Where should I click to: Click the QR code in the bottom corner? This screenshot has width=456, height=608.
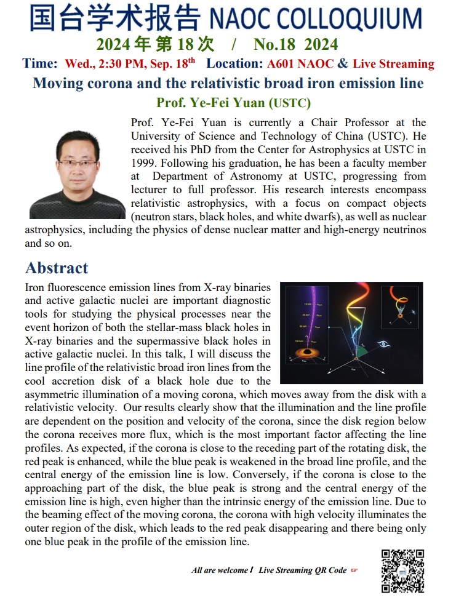[402, 570]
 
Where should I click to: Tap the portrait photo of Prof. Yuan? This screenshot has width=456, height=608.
[78, 174]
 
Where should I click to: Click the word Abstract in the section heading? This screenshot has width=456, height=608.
[57, 268]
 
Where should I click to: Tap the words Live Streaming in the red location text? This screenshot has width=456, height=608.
[393, 63]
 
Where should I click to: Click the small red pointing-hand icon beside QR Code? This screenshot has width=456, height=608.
[354, 570]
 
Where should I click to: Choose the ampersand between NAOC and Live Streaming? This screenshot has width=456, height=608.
[343, 63]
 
